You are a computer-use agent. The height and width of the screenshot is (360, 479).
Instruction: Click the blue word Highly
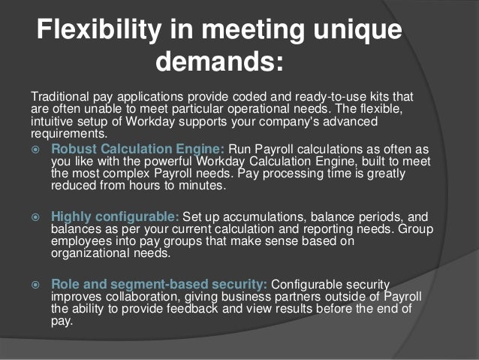pyautogui.click(x=74, y=216)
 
